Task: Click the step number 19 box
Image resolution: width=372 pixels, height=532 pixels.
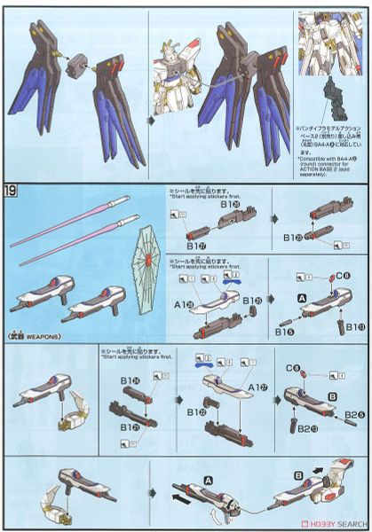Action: [12, 190]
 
